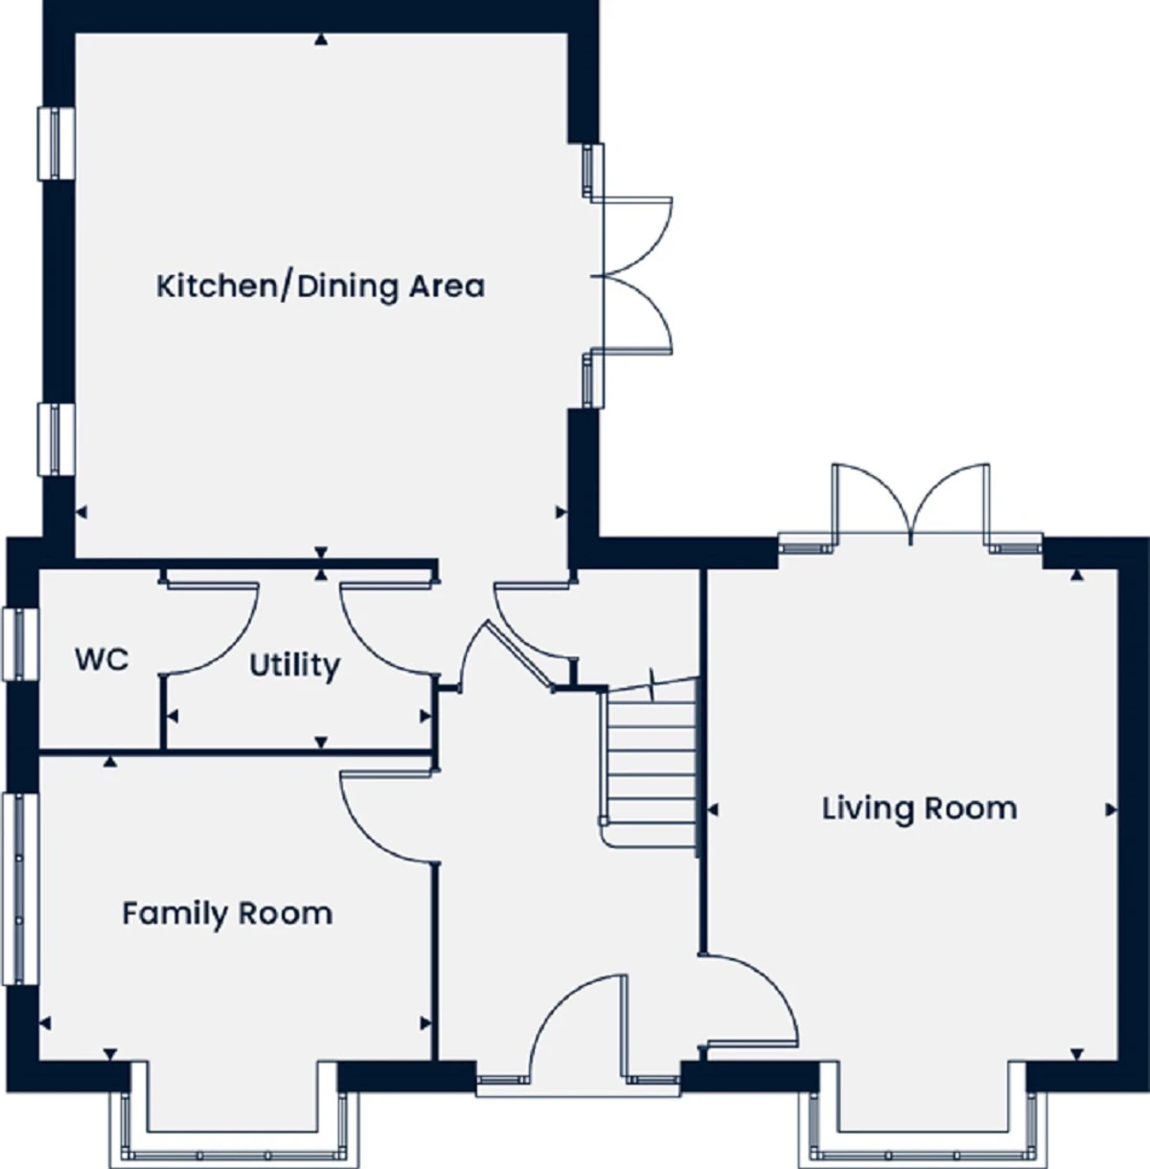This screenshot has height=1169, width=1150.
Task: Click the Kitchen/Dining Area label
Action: pos(320,287)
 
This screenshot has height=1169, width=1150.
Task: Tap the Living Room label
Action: pos(919,809)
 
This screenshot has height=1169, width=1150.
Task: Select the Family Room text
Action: pos(227,913)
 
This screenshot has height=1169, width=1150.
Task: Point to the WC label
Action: pos(102,659)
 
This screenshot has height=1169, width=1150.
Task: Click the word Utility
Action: pos(294,666)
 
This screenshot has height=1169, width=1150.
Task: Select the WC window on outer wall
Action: pos(21,644)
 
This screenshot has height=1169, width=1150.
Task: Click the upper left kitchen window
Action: pos(57,144)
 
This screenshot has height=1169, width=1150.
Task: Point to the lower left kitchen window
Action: pos(57,439)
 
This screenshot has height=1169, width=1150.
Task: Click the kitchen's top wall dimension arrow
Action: pos(321,40)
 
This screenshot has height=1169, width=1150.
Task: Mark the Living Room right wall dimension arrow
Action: pos(1111,810)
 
